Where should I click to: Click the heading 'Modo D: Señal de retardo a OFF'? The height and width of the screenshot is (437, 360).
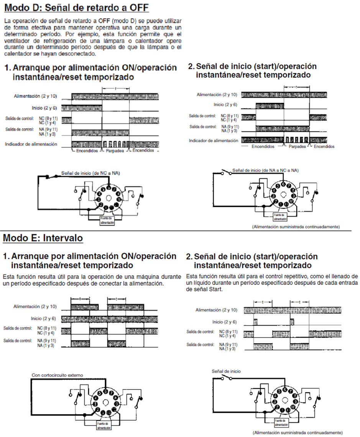click(x=76, y=8)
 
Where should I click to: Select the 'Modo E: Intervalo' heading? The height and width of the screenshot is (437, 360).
click(x=43, y=238)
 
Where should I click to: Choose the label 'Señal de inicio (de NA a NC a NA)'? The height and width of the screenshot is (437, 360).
click(x=266, y=169)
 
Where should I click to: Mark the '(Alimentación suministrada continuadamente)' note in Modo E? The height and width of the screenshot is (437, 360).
click(x=296, y=432)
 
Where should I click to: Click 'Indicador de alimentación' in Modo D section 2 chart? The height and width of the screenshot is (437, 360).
click(x=214, y=140)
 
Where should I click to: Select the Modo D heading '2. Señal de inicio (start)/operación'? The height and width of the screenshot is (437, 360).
click(x=253, y=66)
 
